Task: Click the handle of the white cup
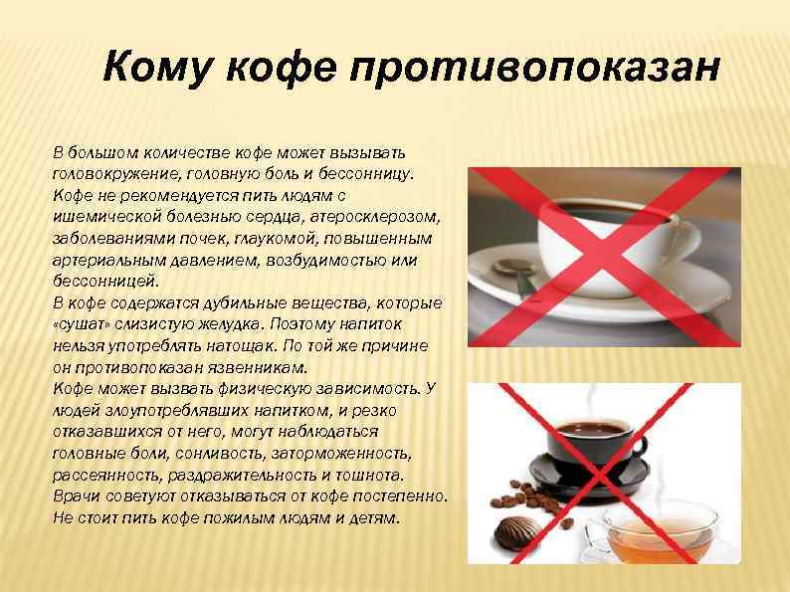coord(686,239)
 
